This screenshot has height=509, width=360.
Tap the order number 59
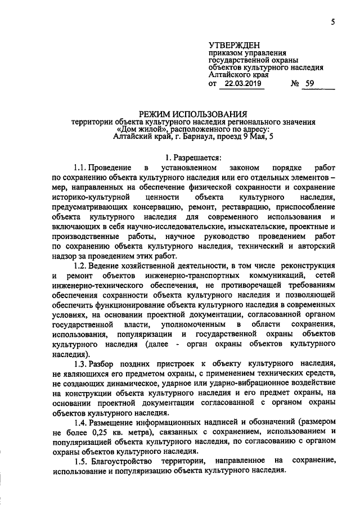coord(310,84)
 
